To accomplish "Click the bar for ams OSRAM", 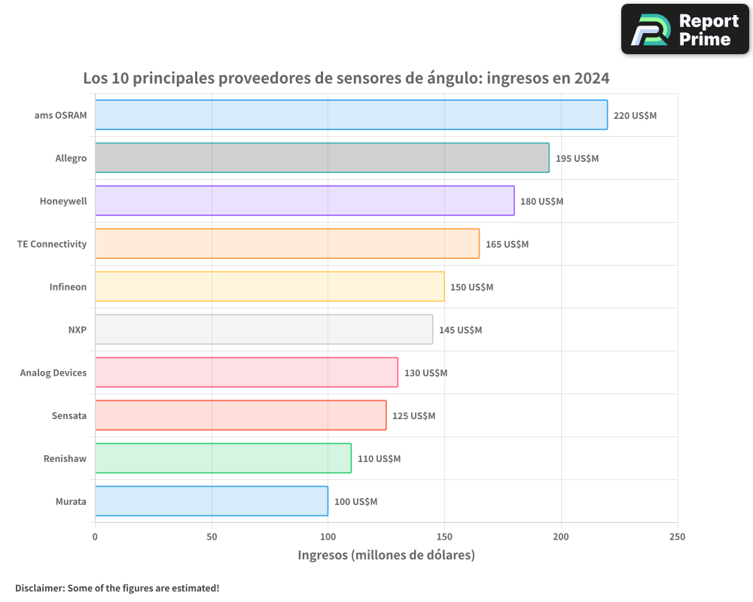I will coord(351,115).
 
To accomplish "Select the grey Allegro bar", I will coord(322,158).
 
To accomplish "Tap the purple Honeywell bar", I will coord(304,201).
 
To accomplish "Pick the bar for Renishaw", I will coord(223,458).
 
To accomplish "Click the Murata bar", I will coord(212,501).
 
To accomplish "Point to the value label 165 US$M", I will coord(507,244).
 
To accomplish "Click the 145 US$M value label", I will coord(460,330).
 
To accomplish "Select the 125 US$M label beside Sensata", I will coord(413,415).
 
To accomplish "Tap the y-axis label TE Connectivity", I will coord(52,244).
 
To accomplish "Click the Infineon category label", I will coord(68,287).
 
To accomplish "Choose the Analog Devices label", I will coord(53,372).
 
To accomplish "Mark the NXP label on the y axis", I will coord(77,330).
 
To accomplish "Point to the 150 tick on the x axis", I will coord(444,537).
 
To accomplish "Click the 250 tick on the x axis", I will coord(677,537).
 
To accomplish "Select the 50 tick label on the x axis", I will coord(212,537).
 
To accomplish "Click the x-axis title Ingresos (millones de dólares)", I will coord(386,555).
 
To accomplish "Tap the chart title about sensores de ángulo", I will coord(346,78).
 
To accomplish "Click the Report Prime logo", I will coord(684,29).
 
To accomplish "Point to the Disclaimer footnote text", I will coord(117,588).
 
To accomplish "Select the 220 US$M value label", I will coord(635,115).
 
